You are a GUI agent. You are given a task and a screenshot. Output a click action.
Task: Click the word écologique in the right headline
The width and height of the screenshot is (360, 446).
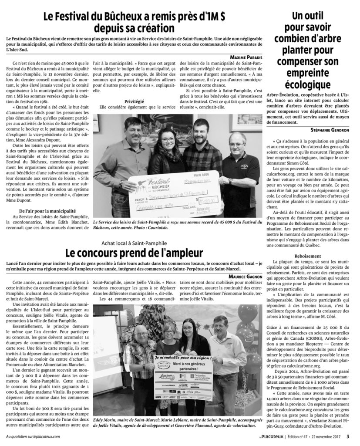(310, 84)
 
